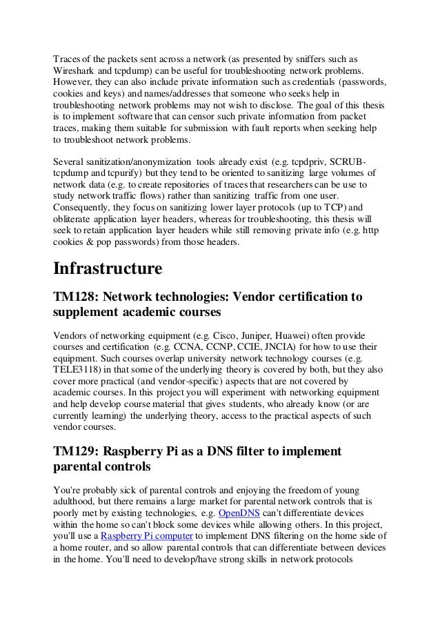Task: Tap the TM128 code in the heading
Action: coord(78,297)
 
